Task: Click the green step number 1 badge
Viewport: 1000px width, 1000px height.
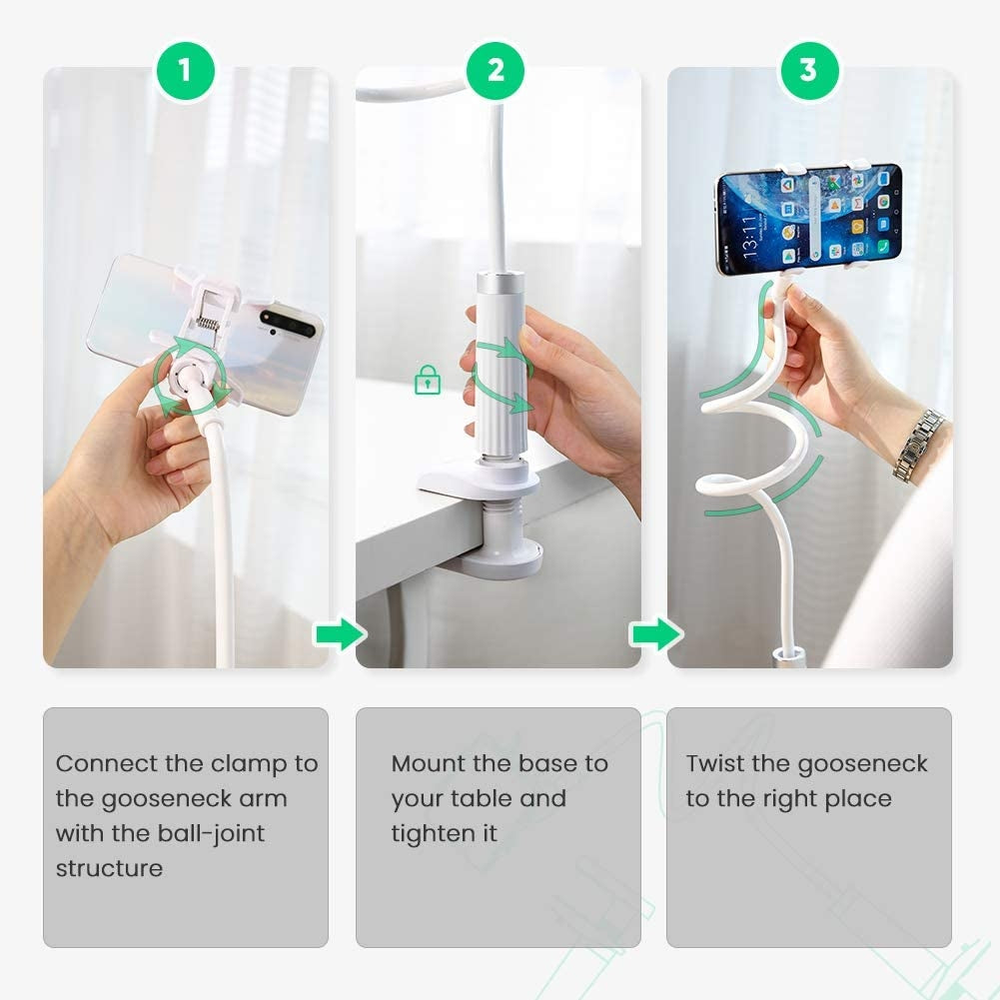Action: tap(185, 70)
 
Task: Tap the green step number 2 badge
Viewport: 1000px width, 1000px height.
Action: tap(497, 70)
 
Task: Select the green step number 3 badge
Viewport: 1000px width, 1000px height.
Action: tap(808, 70)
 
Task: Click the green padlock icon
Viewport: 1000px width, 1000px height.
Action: tap(428, 380)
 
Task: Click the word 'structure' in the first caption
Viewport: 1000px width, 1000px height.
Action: tap(109, 868)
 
